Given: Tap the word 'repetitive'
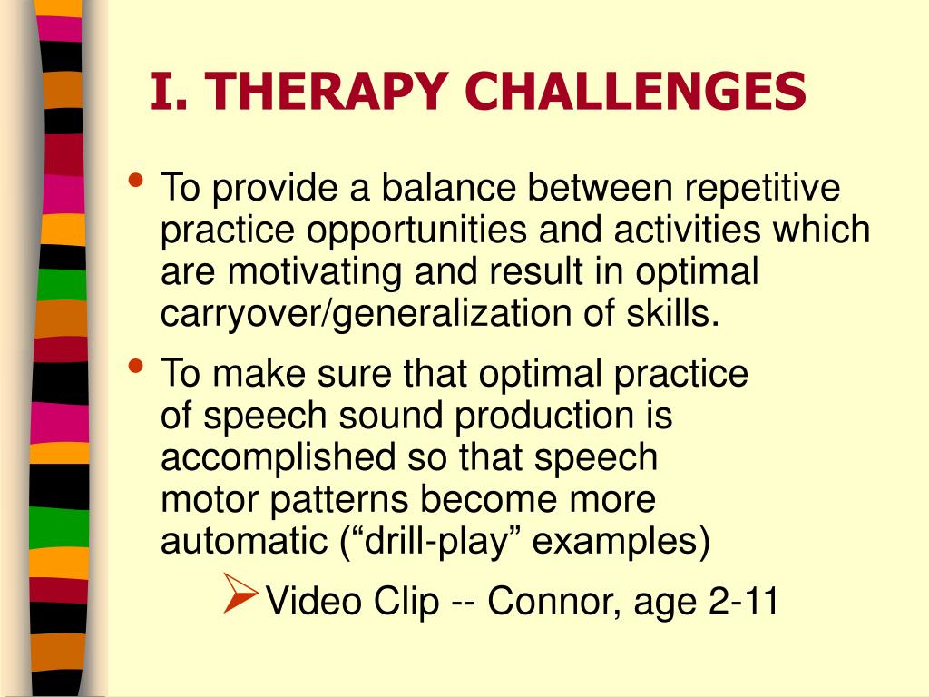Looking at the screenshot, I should tap(762, 190).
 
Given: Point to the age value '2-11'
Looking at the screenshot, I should tap(742, 603).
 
